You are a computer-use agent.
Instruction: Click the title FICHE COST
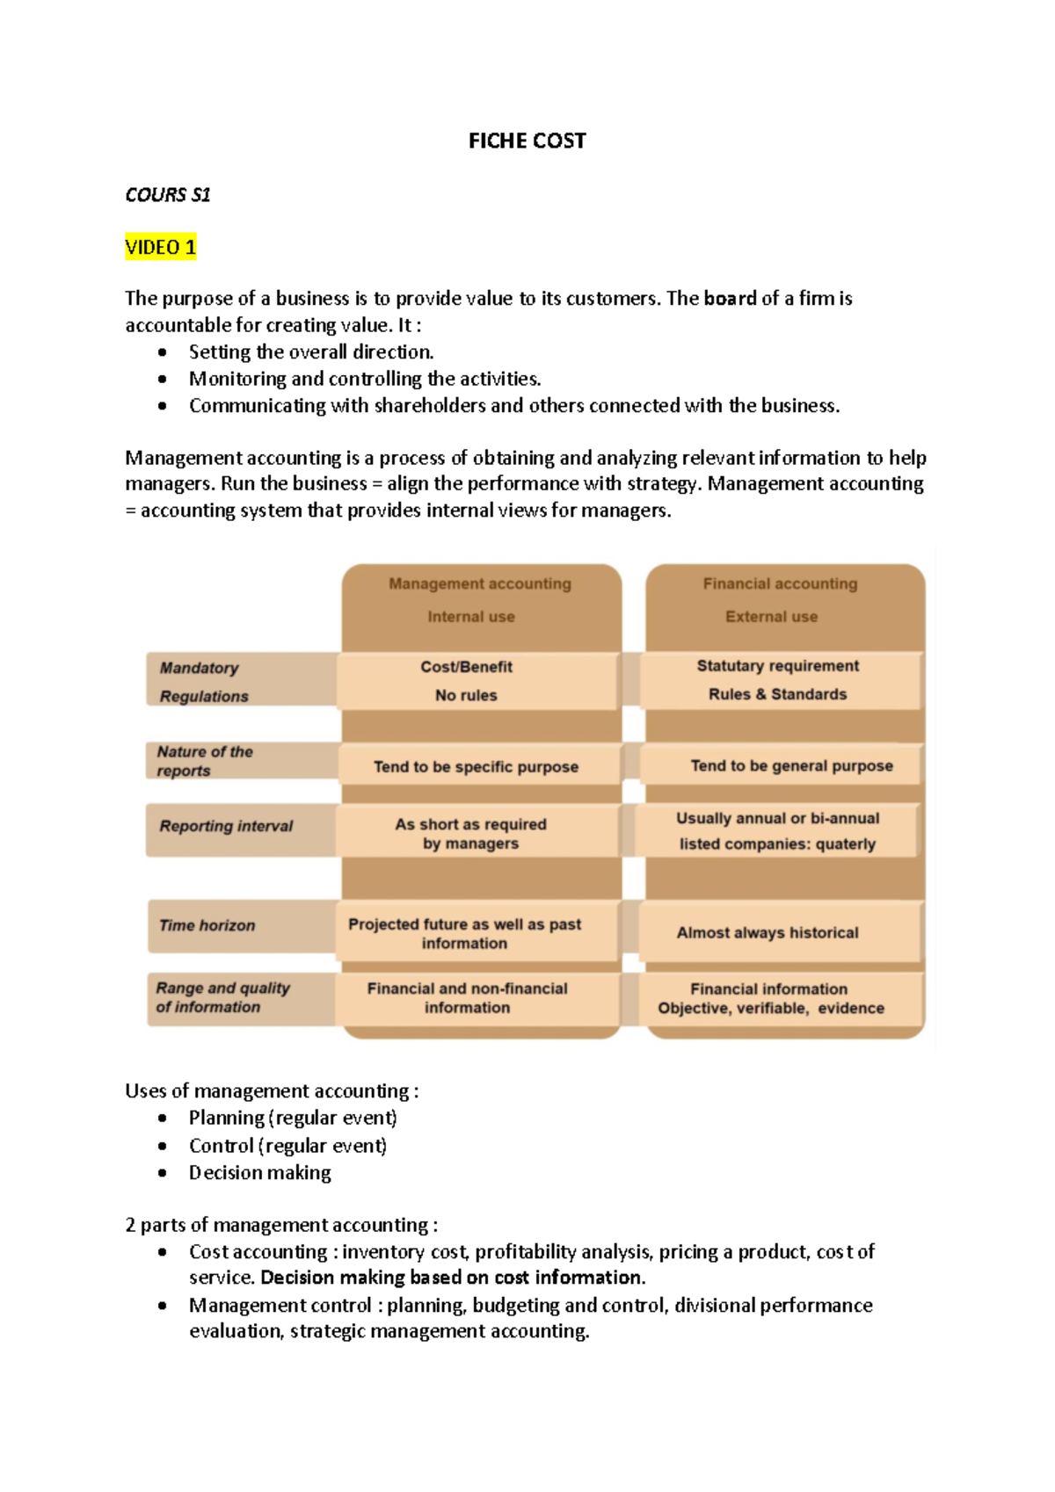click(x=527, y=141)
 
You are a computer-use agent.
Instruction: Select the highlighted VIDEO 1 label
click(x=160, y=247)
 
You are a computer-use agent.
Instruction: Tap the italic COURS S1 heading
click(x=167, y=194)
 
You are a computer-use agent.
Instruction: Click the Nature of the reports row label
click(x=204, y=761)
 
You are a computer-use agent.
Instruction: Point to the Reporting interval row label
click(x=226, y=826)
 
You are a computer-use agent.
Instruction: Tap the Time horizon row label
click(x=207, y=925)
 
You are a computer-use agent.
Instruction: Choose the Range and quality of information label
click(x=222, y=997)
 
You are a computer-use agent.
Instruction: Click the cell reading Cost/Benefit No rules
click(x=466, y=681)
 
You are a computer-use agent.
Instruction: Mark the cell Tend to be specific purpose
click(x=476, y=766)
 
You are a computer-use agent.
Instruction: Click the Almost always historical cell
click(x=768, y=932)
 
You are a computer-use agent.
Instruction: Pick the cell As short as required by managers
click(x=470, y=833)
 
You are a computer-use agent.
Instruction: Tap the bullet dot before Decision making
click(x=163, y=1173)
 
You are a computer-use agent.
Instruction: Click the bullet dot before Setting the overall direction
click(x=163, y=352)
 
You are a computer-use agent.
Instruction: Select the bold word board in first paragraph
click(x=730, y=299)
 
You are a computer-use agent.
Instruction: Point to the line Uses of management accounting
click(x=272, y=1091)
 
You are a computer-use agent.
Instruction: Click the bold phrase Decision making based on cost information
click(x=453, y=1278)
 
